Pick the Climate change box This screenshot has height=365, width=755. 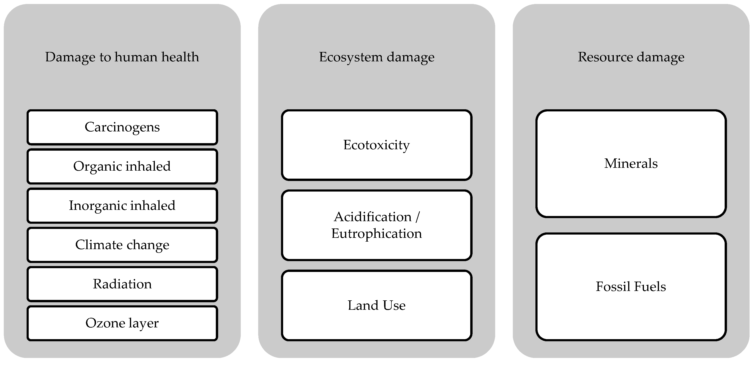122,245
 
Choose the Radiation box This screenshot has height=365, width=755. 122,284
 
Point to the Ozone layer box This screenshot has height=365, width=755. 122,323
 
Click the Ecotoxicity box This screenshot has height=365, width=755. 377,145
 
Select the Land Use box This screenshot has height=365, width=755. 377,306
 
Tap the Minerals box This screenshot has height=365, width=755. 631,164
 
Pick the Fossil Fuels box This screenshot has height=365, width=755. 631,287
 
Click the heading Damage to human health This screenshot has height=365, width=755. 122,57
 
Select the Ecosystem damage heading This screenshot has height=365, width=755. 377,57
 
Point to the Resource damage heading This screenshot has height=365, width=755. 631,57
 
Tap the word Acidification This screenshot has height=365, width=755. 373,217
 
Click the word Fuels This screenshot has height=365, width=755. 650,287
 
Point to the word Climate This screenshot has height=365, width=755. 98,245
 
